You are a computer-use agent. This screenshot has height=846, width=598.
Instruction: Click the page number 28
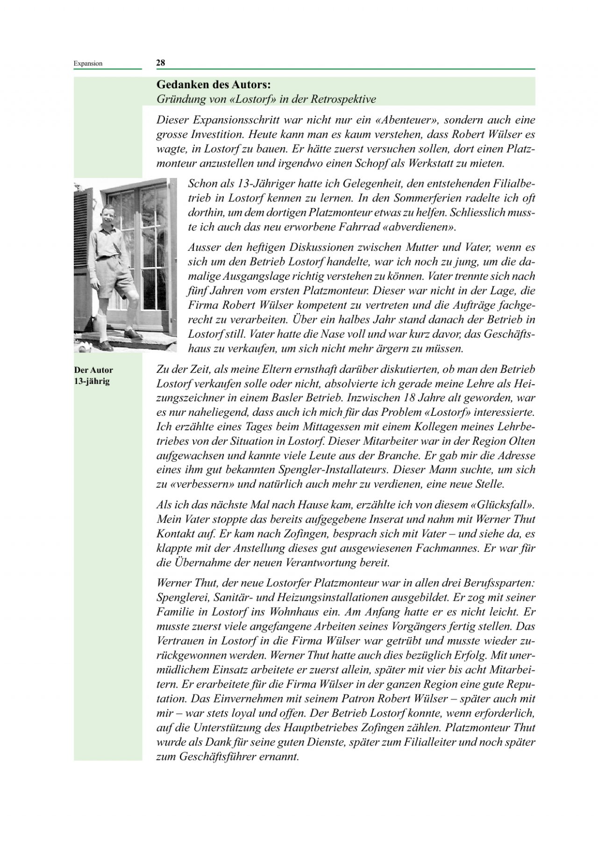pyautogui.click(x=160, y=63)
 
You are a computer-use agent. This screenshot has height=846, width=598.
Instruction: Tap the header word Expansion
pyautogui.click(x=88, y=64)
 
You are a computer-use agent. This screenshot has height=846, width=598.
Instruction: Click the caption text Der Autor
pyautogui.click(x=93, y=370)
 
